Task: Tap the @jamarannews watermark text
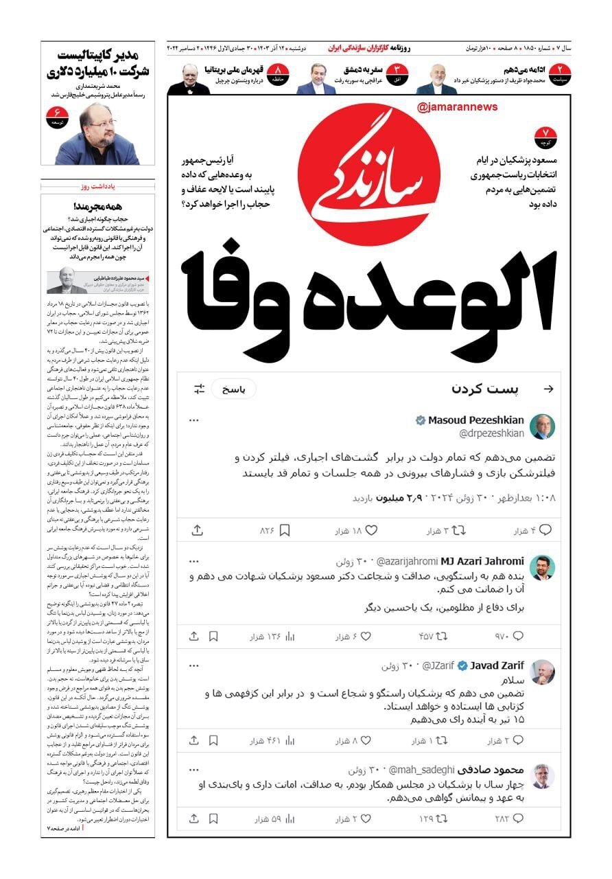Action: pyautogui.click(x=456, y=107)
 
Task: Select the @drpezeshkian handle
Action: pyautogui.click(x=491, y=433)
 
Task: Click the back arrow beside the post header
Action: pyautogui.click(x=548, y=389)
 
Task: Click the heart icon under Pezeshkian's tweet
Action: pyautogui.click(x=372, y=530)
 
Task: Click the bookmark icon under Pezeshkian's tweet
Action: pyautogui.click(x=285, y=530)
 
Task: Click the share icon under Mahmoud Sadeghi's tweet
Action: pyautogui.click(x=194, y=819)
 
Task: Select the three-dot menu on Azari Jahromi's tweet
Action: pyautogui.click(x=194, y=561)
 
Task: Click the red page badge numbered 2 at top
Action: pyautogui.click(x=561, y=71)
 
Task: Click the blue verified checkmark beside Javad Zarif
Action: pyautogui.click(x=463, y=665)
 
